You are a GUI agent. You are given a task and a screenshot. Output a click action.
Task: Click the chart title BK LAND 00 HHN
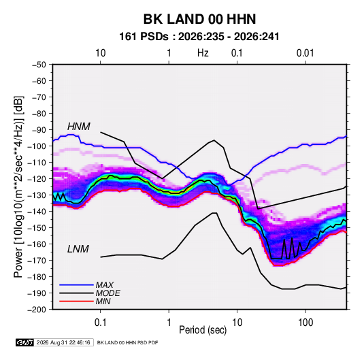point(199,19)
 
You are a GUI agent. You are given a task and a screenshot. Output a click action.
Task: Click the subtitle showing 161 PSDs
point(199,37)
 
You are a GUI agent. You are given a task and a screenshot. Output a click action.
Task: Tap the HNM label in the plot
point(79,127)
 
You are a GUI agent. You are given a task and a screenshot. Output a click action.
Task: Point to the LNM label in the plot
point(78,249)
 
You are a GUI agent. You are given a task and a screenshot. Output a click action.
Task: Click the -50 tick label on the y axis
point(39,65)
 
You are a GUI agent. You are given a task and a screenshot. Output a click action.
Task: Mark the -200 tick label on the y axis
point(37,310)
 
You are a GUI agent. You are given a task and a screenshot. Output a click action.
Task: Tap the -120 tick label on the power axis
point(37,178)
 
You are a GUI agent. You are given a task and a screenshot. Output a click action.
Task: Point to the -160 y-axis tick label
point(37,244)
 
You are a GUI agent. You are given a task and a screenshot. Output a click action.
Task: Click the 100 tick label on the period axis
point(305,322)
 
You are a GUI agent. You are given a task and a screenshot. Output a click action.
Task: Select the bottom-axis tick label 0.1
point(100,322)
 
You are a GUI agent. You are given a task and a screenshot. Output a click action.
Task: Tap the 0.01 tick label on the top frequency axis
point(305,53)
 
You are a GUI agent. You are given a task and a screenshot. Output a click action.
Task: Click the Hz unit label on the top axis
point(203,53)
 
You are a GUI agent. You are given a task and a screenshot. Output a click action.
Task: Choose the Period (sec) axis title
point(203,330)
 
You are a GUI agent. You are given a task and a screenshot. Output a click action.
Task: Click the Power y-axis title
point(18,186)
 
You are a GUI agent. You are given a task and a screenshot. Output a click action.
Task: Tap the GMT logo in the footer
point(25,342)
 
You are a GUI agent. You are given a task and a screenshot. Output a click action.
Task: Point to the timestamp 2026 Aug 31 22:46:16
point(63,342)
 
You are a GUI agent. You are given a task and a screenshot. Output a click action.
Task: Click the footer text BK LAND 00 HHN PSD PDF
point(127,342)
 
